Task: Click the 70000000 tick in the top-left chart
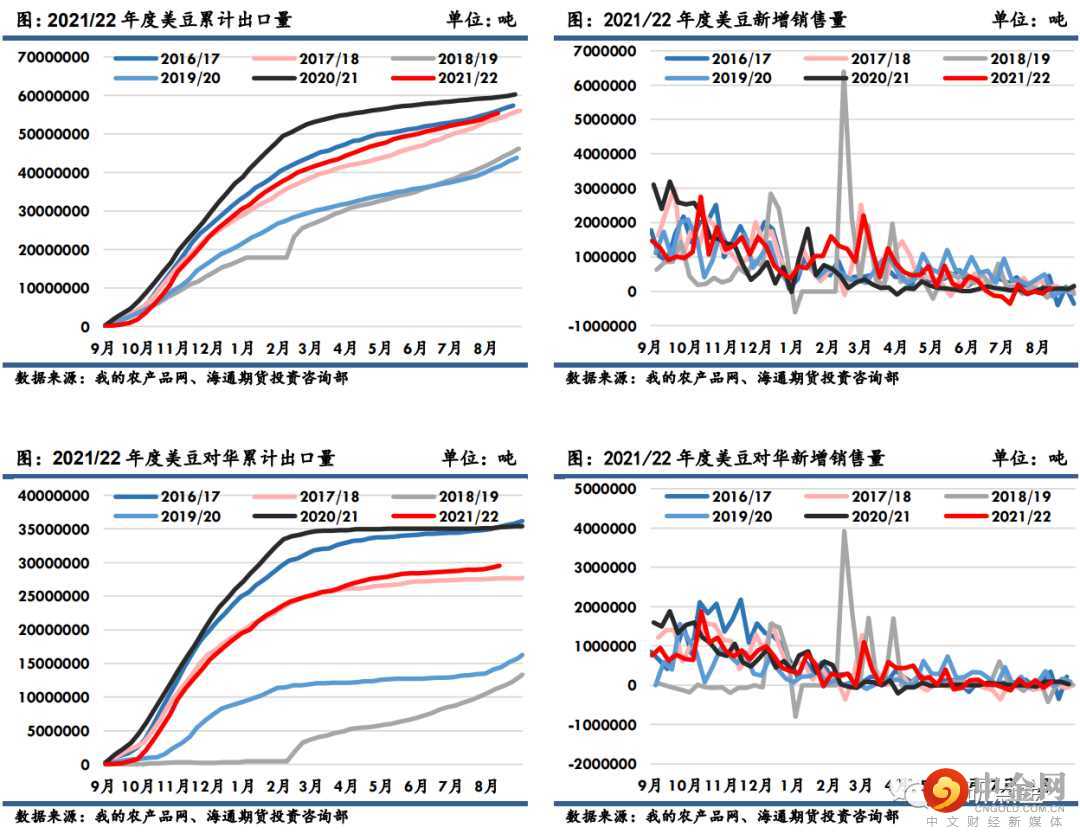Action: (56, 58)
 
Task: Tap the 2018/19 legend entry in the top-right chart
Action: (1020, 59)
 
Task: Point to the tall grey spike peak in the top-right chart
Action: (844, 75)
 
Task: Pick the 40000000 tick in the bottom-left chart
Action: (56, 496)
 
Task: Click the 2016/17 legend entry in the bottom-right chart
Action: (741, 497)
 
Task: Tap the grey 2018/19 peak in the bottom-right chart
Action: (844, 531)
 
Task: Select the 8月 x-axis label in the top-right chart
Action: (1037, 348)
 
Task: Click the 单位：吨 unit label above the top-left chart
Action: (480, 19)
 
